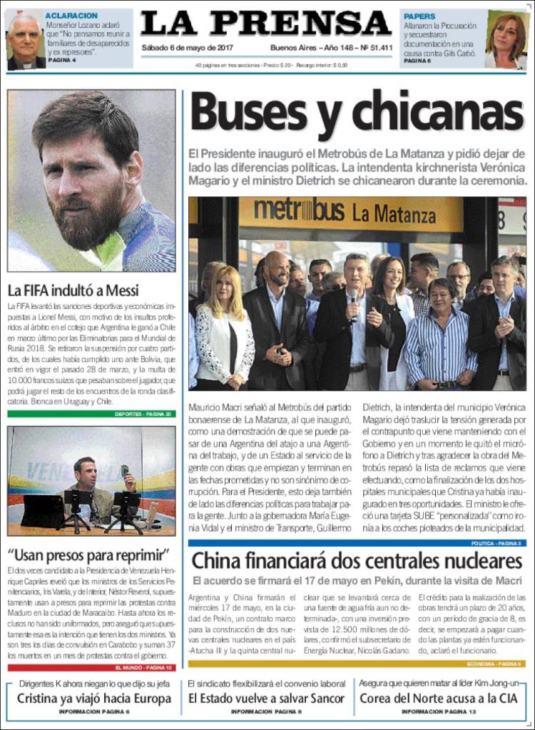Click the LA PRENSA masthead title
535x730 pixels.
click(x=266, y=24)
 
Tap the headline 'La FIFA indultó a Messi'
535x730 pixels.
click(x=73, y=291)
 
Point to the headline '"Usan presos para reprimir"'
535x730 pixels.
click(x=88, y=555)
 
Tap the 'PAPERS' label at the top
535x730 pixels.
click(x=419, y=16)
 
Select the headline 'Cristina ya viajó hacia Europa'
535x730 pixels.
click(x=93, y=699)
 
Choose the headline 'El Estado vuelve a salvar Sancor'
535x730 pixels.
click(x=267, y=699)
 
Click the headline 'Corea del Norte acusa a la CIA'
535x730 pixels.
click(x=438, y=699)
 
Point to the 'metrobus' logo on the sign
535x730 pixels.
click(x=299, y=211)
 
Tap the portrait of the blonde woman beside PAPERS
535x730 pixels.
click(x=506, y=39)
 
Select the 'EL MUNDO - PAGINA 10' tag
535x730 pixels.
click(x=143, y=668)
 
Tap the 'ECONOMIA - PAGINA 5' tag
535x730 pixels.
click(x=499, y=664)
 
